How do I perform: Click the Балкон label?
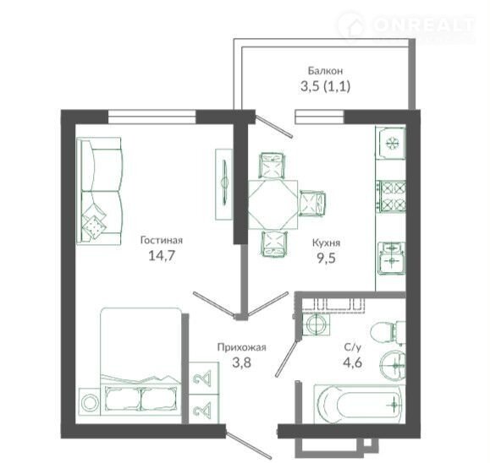[325, 71]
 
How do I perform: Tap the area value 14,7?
[162, 256]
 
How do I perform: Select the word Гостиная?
[162, 240]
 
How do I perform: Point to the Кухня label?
[327, 242]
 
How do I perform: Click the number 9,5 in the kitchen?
[327, 259]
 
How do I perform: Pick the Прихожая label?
[241, 347]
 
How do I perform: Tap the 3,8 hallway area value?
[241, 362]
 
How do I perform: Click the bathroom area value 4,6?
[353, 362]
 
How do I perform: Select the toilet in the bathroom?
[388, 333]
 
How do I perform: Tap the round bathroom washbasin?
[394, 365]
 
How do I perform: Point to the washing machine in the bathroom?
[316, 324]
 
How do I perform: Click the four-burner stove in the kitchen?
[392, 197]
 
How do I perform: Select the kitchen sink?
[392, 259]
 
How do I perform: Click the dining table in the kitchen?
[273, 204]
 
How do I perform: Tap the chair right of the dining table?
[312, 203]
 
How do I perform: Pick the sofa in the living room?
[99, 191]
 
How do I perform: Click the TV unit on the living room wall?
[224, 184]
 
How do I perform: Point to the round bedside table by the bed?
[89, 402]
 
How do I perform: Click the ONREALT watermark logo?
[406, 26]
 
